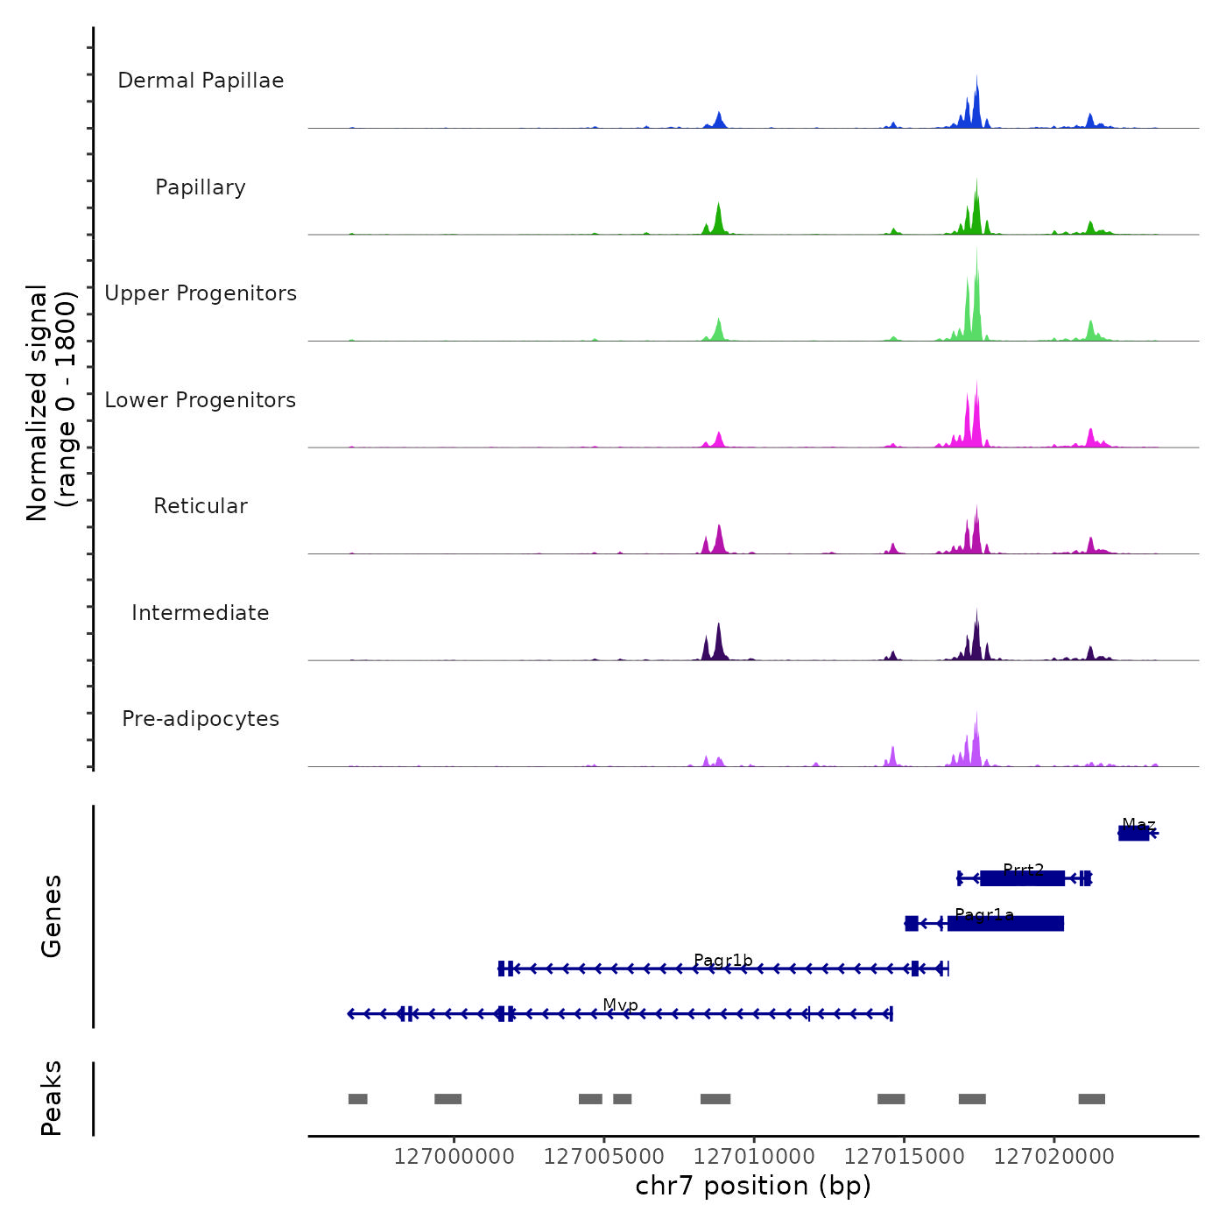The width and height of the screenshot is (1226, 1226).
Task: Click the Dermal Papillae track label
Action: pos(201,81)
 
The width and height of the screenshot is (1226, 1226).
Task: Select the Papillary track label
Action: pos(201,187)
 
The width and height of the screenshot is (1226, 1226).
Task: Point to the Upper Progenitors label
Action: pos(201,293)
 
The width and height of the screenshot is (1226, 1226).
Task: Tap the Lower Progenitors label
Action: pos(201,400)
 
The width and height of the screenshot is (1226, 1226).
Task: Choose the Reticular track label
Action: pos(201,506)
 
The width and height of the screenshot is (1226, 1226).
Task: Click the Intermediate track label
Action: pos(201,613)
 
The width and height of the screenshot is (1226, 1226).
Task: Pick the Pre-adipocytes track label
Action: pos(201,719)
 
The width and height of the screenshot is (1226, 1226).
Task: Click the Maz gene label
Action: pos(1138,825)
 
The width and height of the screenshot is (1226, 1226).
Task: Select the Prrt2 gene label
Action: pos(1023,870)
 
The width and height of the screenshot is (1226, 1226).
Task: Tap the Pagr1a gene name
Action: pos(984,915)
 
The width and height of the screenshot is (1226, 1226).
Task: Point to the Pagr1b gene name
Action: pos(723,961)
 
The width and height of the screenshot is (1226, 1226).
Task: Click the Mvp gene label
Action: pos(620,1005)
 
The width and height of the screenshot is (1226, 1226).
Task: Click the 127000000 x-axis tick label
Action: pos(454,1157)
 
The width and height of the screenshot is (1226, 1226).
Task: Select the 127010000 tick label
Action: pos(754,1157)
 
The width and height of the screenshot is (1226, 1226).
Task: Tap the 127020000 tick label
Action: pos(1054,1157)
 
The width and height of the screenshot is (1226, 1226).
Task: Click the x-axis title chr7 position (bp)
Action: pos(753,1186)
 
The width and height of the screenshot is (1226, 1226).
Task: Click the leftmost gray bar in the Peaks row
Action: pos(358,1099)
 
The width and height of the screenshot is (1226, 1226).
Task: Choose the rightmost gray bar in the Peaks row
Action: pos(1091,1099)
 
